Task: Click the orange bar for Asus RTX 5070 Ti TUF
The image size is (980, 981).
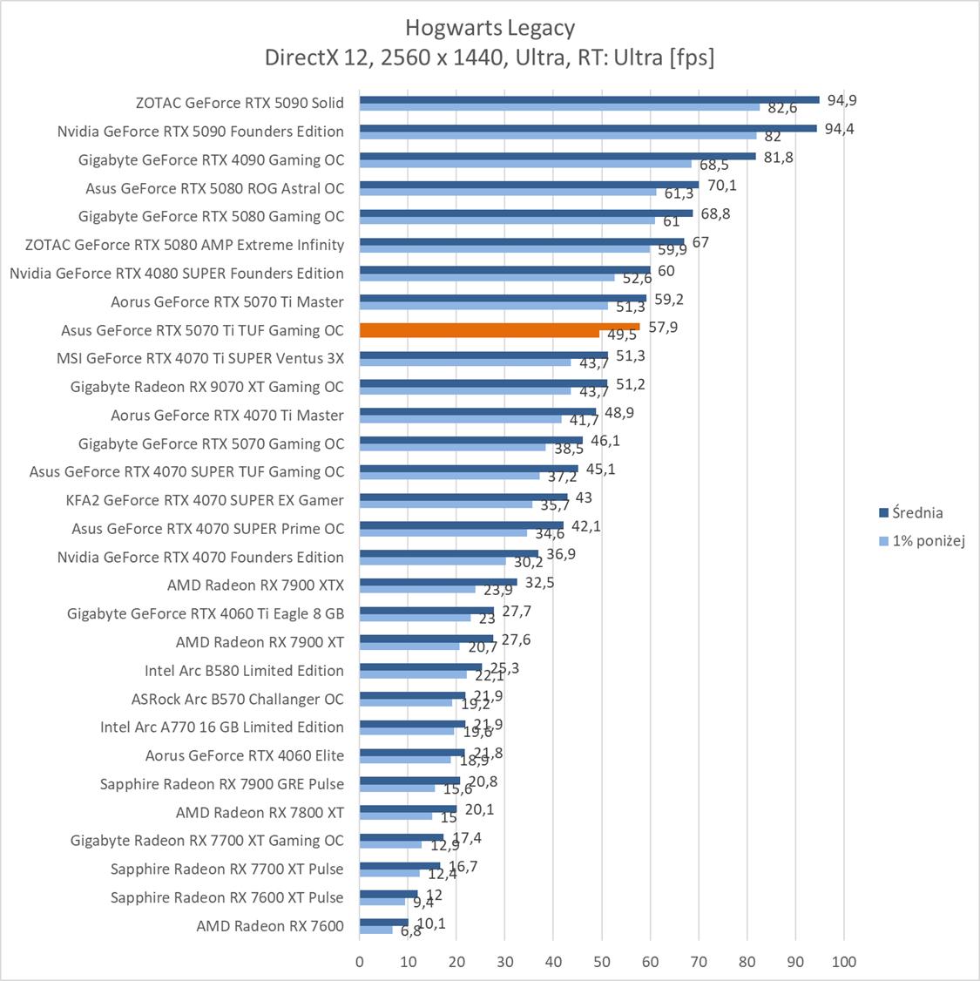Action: [499, 327]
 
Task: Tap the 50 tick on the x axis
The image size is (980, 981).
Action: [601, 962]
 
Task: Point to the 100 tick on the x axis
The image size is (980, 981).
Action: [843, 962]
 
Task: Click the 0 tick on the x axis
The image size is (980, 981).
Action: [360, 962]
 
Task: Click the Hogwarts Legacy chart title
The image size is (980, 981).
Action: [490, 28]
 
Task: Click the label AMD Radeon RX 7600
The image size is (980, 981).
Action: [270, 925]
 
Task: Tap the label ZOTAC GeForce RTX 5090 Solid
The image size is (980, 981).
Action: [240, 103]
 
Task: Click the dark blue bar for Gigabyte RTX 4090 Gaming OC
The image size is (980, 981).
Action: [558, 156]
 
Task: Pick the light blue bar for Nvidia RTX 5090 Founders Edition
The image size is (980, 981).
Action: [558, 135]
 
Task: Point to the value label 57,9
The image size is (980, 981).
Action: [663, 327]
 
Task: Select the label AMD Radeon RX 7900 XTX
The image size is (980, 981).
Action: [255, 585]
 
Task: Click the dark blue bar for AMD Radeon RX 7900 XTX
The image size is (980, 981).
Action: [438, 581]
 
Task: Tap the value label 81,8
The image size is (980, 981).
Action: [778, 157]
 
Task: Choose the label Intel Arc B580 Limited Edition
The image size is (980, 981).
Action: [244, 670]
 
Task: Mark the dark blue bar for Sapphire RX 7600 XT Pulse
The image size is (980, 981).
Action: [389, 893]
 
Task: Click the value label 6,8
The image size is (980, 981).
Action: [409, 930]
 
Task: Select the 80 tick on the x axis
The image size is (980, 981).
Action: [747, 962]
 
